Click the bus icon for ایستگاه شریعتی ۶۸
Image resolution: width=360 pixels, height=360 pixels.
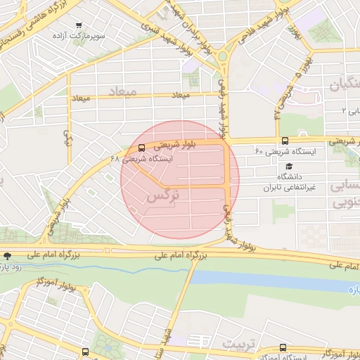tap(142, 148)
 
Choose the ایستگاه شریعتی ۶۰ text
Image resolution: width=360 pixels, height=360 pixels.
tap(285, 151)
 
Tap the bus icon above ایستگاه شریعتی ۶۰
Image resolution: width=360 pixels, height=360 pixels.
tap(285, 140)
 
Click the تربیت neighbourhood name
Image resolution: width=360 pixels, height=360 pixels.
tap(236, 343)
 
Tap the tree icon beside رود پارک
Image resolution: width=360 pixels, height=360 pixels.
tap(7, 256)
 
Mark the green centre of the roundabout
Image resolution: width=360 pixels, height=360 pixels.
tap(223, 56)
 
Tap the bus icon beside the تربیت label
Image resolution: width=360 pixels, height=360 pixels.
tap(283, 347)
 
